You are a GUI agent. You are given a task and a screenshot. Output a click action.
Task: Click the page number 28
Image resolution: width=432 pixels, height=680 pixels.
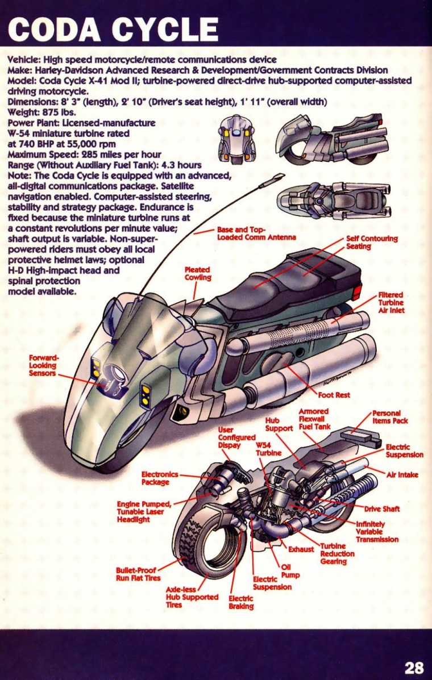[x=414, y=668]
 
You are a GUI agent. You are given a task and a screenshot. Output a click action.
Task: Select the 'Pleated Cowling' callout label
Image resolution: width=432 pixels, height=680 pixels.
[x=198, y=273]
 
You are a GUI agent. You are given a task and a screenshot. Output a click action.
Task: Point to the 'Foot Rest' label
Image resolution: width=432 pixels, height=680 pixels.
[x=334, y=394]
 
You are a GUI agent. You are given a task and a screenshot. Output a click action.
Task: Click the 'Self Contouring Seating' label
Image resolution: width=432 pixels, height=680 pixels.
[x=372, y=243]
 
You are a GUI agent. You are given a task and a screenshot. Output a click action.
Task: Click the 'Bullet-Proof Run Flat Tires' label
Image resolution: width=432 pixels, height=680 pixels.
[x=138, y=574]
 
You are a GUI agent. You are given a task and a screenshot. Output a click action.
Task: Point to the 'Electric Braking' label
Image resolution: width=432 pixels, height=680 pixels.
[x=241, y=602]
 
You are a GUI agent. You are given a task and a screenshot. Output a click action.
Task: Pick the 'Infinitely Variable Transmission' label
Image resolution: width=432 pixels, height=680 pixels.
[x=377, y=531]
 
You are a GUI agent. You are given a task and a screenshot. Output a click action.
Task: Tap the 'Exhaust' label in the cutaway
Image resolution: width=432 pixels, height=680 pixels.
[x=301, y=549]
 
